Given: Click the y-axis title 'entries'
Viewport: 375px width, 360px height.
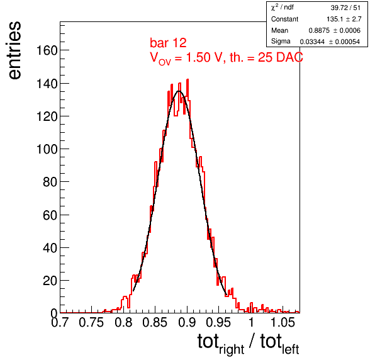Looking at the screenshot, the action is point(15,50).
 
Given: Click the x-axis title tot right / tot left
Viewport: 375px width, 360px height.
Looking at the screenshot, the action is point(248,344).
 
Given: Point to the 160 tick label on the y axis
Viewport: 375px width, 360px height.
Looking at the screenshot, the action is point(47,50).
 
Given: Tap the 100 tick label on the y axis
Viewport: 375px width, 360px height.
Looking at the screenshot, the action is point(47,149).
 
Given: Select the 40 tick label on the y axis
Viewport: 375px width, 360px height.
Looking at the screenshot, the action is point(50,248).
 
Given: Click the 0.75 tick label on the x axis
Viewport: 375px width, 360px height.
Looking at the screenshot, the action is point(91,322).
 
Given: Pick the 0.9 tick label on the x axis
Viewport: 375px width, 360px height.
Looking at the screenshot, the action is point(187,322).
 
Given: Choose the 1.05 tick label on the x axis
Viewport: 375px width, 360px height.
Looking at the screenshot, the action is point(283,322).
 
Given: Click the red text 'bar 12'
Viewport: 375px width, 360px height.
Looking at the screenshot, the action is point(168,43).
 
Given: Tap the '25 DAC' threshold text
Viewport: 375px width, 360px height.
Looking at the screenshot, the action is point(281,57).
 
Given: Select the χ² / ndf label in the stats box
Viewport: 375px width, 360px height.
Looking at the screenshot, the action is point(283,8).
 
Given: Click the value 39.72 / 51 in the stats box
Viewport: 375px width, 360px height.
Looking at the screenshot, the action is point(345,8).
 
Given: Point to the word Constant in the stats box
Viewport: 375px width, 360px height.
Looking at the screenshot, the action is point(284,19).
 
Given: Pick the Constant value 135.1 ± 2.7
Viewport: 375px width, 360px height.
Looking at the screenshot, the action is point(344,19).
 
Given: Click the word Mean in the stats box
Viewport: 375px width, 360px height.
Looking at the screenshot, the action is point(279,30).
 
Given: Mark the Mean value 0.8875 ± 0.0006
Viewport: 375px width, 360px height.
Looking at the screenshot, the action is point(334,30).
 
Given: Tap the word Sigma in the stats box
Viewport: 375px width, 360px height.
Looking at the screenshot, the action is point(281,42).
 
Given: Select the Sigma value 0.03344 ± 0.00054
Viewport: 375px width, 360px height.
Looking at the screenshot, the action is point(330,42).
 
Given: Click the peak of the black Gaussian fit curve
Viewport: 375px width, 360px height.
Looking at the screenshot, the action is point(179,91).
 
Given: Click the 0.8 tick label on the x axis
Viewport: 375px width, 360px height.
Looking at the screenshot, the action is point(123,322).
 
